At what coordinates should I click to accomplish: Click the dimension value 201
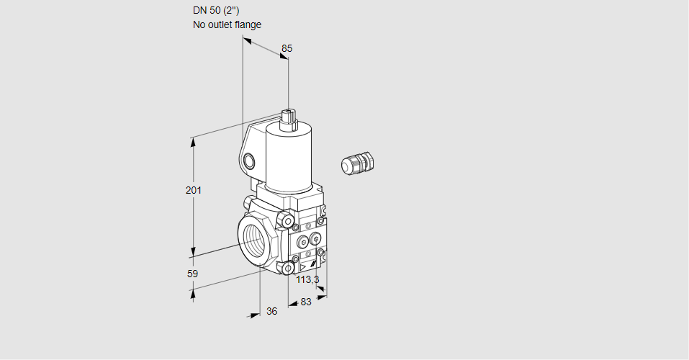coord(194,190)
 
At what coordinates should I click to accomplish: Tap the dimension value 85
coord(287,48)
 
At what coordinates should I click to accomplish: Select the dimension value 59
coord(192,274)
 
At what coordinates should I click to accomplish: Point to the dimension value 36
coord(272,311)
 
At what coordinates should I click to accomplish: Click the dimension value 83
coord(306,302)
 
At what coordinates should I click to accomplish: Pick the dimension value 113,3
coord(307,279)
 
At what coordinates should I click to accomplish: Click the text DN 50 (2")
coord(216,11)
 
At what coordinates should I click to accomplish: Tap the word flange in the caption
coord(248,24)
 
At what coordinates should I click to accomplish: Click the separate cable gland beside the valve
coord(358,162)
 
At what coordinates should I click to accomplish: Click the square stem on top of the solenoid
coord(289,119)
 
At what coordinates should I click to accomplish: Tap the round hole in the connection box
coord(248,161)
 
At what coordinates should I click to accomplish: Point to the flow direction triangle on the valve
coord(303,267)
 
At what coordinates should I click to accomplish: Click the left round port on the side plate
coord(303,242)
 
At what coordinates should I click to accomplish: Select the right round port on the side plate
coord(315,239)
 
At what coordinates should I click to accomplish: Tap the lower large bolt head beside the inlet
coord(288,268)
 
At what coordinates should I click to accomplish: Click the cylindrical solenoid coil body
coord(288,158)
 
